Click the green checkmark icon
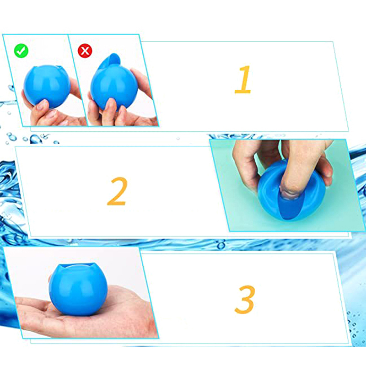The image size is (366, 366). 21,51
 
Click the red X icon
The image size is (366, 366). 85,51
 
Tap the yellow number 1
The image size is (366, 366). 243,79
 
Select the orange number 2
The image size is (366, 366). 117,191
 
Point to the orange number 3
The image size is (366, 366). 245,299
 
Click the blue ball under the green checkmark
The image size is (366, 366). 47,86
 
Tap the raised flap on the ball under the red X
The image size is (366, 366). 110,61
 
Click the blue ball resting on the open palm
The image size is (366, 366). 78,289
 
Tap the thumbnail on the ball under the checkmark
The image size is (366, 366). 42,105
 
